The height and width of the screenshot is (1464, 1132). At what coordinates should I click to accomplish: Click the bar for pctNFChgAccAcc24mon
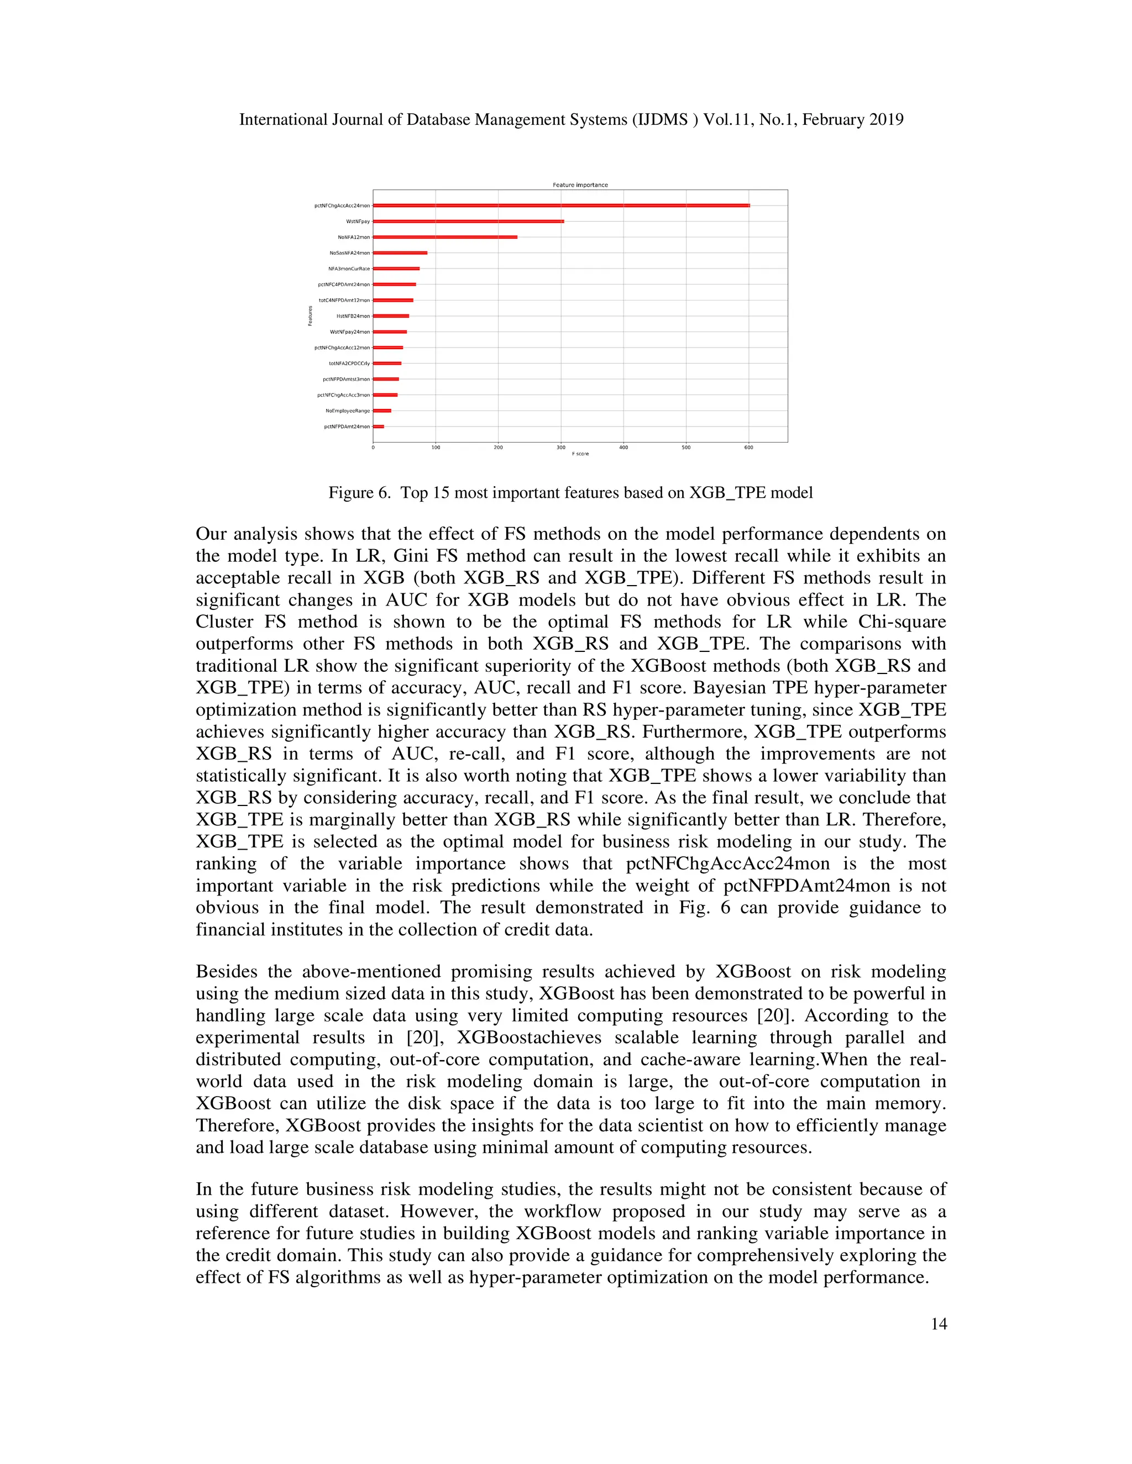pos(560,205)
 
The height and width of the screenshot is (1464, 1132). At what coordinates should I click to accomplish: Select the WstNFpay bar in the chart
pos(468,221)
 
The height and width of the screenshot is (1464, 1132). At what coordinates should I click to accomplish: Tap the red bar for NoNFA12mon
pos(444,236)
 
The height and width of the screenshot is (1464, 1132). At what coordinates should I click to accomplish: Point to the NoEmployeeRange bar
pos(381,410)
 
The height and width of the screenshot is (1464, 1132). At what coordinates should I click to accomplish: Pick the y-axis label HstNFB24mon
pos(353,315)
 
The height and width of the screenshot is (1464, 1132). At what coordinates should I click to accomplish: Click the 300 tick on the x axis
pos(560,447)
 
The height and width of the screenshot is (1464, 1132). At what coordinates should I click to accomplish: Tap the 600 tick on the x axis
pos(748,447)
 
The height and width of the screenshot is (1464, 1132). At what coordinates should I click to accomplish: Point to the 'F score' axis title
pos(580,454)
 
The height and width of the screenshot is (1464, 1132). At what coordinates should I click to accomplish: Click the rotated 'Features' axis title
pos(311,315)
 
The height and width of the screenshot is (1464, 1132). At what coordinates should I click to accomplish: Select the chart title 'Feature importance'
pos(580,185)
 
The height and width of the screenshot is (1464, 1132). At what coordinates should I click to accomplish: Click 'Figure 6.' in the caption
pos(359,493)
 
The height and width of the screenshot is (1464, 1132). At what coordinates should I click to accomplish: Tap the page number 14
pos(939,1323)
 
